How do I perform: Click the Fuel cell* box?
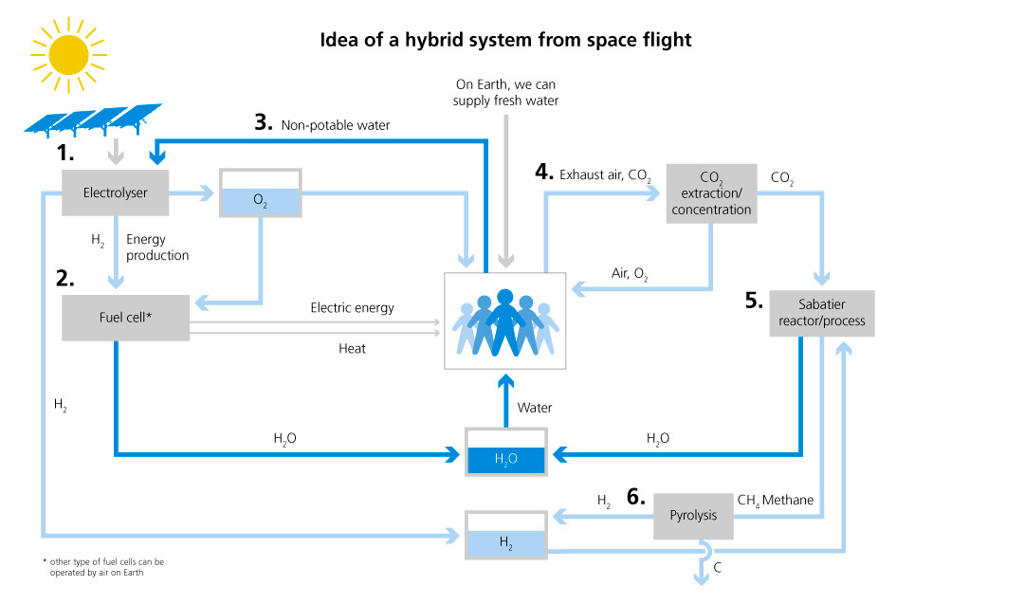125,317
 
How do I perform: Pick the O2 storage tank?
260,193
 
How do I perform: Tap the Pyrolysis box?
693,516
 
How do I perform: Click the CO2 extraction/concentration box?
711,193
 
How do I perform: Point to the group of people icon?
505,322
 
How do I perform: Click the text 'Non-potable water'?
335,124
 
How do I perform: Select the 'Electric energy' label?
352,307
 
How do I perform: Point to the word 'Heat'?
352,348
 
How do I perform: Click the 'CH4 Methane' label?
775,500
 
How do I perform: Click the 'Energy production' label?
156,248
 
